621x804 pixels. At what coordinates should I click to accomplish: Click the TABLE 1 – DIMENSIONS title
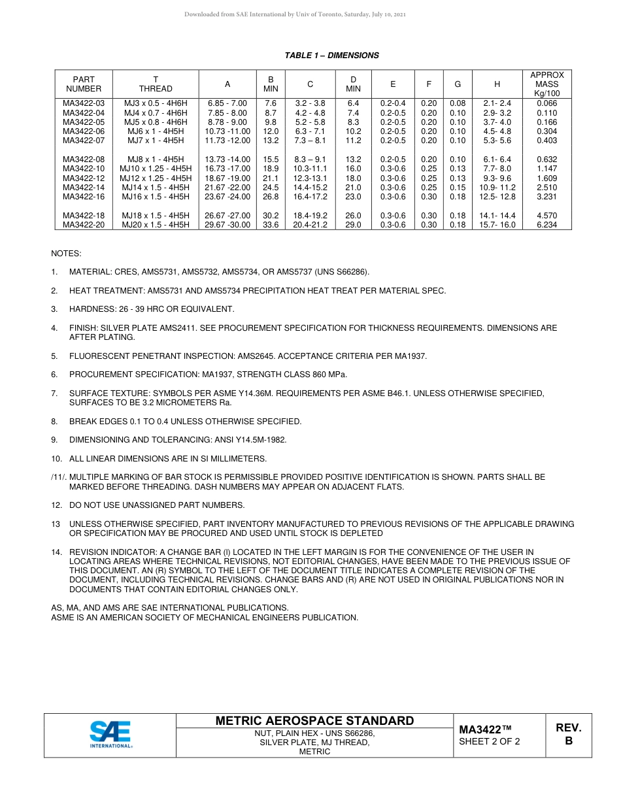coord(331,56)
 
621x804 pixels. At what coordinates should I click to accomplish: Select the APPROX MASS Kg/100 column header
coord(546,84)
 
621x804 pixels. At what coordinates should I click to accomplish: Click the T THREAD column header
coord(156,84)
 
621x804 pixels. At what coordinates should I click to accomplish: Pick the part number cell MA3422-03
coord(84,103)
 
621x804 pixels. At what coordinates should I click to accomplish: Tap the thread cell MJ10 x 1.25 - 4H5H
coord(156,169)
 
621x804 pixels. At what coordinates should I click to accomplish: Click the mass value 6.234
coord(546,225)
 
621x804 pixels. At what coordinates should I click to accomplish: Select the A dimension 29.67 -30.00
coord(227,225)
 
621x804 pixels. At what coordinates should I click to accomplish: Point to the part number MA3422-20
coord(84,225)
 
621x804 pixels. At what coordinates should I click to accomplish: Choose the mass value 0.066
coord(546,103)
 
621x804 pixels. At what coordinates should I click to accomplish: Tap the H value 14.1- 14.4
coord(497,216)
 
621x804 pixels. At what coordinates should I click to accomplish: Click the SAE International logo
coord(110,735)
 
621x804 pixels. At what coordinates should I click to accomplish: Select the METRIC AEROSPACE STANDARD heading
coord(314,721)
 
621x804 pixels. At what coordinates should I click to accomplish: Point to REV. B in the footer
coord(569,735)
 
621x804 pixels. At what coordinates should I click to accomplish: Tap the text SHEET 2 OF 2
coord(490,741)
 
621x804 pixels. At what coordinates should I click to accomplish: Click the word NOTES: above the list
coord(66,254)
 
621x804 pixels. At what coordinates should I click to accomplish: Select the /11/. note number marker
coord(59,477)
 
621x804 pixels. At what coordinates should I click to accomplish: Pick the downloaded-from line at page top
coord(295,14)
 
